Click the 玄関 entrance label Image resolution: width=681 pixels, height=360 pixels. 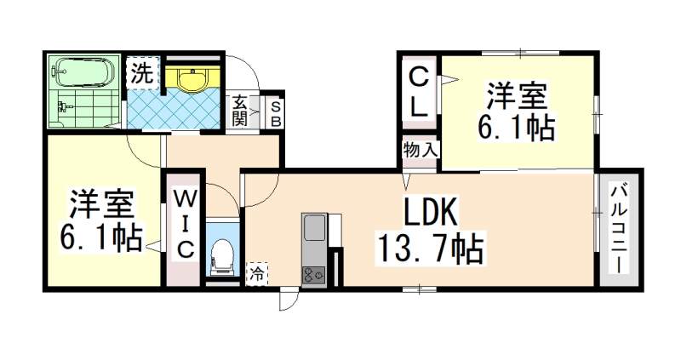pyautogui.click(x=240, y=110)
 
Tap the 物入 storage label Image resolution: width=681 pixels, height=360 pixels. pyautogui.click(x=420, y=149)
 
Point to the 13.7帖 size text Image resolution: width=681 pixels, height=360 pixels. pyautogui.click(x=429, y=249)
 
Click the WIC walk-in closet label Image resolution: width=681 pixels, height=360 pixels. pyautogui.click(x=185, y=223)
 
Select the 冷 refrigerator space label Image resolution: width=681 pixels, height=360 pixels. pyautogui.click(x=255, y=274)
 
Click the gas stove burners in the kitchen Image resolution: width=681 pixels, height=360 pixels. pyautogui.click(x=313, y=274)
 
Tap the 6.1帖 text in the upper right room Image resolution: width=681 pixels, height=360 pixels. pyautogui.click(x=516, y=128)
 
